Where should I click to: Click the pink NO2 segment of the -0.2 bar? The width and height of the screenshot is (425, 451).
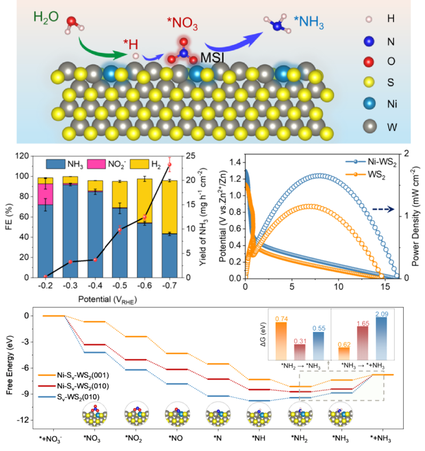pos(45,193)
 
